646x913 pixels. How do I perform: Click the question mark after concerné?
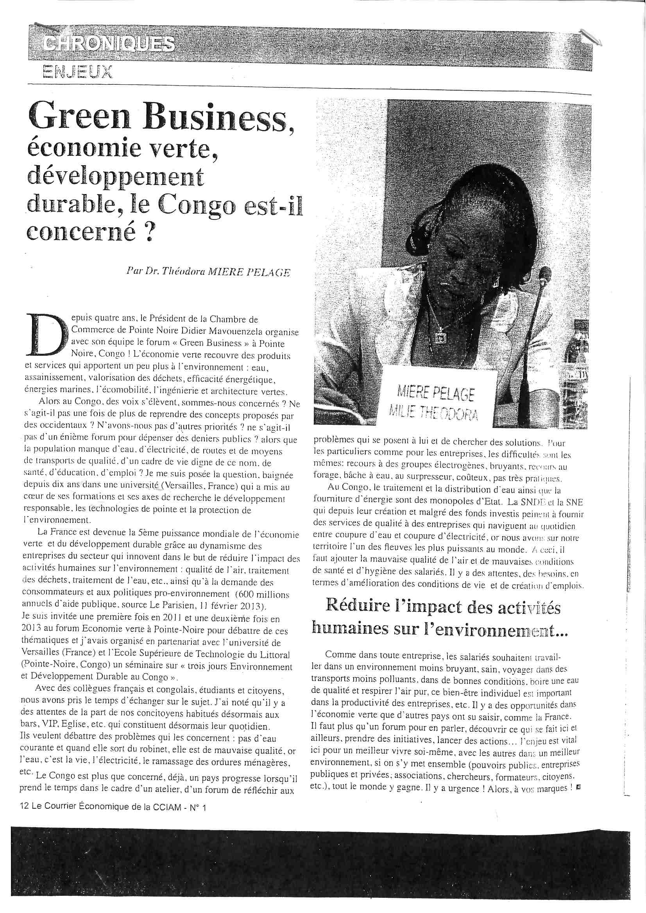[x=147, y=233]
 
